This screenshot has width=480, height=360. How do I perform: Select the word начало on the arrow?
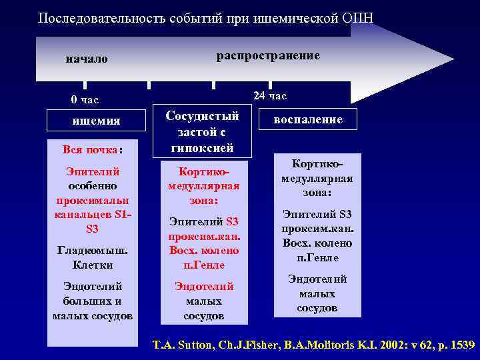[x=86, y=59]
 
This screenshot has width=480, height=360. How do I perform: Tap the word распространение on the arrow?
[x=268, y=55]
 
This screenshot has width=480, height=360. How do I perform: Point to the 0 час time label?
[x=85, y=100]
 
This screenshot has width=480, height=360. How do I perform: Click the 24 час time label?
[x=270, y=96]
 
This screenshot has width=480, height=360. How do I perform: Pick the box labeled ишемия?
[x=96, y=121]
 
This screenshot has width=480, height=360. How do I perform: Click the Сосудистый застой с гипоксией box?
[x=202, y=131]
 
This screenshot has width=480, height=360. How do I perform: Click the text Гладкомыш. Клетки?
[x=93, y=258]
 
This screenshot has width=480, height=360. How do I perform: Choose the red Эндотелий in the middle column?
[x=204, y=287]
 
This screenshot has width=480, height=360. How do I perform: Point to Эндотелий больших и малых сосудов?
[x=93, y=301]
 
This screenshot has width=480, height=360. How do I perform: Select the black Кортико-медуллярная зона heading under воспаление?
[x=317, y=178]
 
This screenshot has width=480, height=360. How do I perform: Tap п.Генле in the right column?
[x=317, y=257]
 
